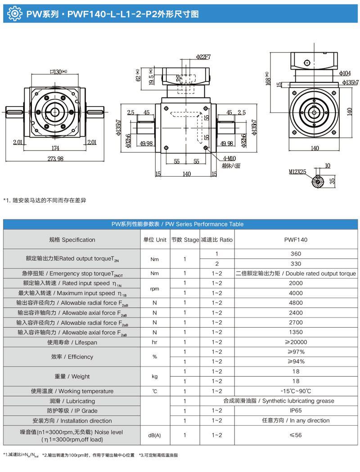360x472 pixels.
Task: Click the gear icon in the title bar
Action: coord(15,14)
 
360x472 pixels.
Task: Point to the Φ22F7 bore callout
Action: coord(203,57)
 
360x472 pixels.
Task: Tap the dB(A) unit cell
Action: coord(154,435)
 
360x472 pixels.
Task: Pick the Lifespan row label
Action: coord(72,343)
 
